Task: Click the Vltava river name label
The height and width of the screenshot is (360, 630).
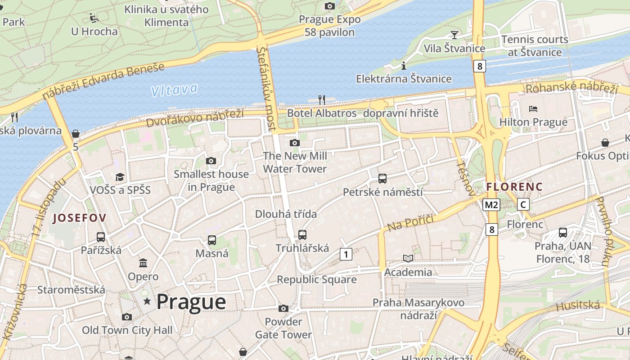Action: pos(174,90)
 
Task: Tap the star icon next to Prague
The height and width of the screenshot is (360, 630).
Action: pos(147,301)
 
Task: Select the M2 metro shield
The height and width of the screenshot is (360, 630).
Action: pos(491,205)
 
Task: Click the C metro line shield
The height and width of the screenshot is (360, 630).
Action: pos(523,204)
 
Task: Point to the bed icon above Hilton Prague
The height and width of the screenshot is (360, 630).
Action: pos(533,108)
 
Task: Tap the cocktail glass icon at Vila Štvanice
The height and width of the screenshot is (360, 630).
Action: pos(454,35)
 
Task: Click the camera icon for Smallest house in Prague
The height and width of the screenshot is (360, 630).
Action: pos(211,161)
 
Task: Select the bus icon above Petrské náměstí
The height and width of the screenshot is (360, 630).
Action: pos(382,178)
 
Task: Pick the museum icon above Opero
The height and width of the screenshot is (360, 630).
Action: pos(143,263)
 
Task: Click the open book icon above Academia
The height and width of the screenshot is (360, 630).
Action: pos(408,258)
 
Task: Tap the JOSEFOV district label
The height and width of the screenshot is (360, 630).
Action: pos(80,218)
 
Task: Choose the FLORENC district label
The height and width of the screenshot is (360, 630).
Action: pos(514,186)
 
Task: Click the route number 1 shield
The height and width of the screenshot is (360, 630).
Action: pos(346,254)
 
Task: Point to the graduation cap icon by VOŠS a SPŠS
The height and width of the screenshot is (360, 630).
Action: pos(120,176)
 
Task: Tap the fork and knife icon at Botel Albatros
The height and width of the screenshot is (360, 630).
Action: pos(322,99)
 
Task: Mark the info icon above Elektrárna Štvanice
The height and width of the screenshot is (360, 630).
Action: pos(404,66)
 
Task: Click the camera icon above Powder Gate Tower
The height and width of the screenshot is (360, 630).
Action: pos(283,308)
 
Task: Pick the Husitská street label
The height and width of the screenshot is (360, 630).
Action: pos(578,306)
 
